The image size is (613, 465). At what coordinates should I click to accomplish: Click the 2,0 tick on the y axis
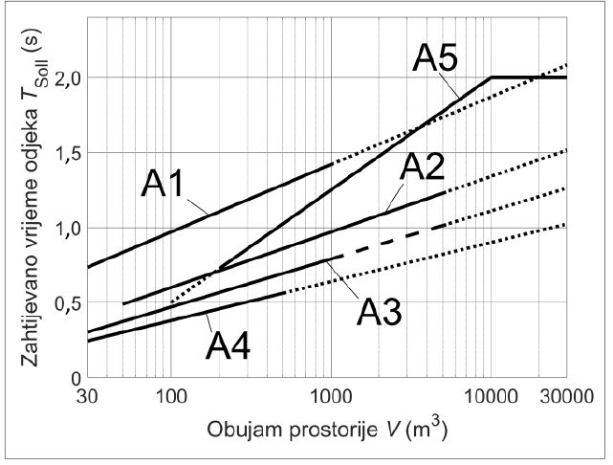click(x=66, y=77)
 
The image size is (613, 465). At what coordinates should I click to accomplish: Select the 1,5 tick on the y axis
click(x=66, y=153)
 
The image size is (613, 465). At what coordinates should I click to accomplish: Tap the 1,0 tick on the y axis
click(x=66, y=229)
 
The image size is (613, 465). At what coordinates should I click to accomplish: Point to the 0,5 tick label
click(x=66, y=303)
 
